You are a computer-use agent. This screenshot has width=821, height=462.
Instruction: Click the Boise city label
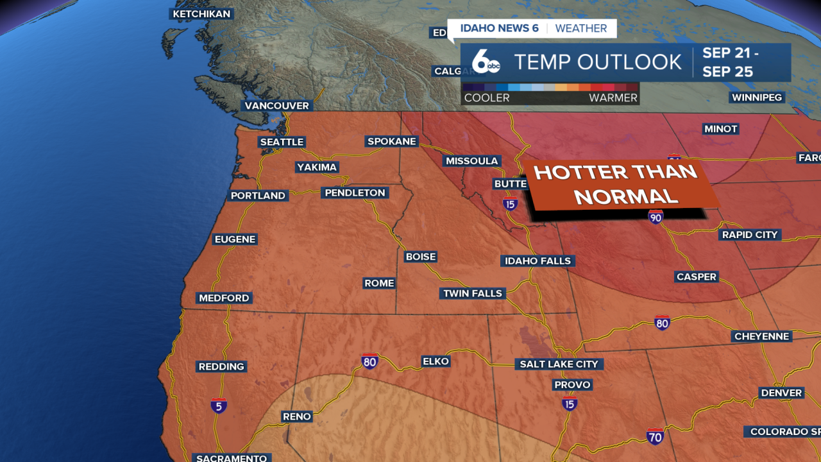(421, 257)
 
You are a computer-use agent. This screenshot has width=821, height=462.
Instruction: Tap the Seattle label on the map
(282, 142)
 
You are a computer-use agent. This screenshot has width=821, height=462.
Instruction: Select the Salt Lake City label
(559, 364)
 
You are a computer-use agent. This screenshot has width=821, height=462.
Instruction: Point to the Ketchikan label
(201, 14)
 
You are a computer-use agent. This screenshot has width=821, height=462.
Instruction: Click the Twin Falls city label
(473, 293)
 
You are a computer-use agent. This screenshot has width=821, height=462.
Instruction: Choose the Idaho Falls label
(537, 261)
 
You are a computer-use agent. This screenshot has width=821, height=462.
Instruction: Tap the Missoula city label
(472, 160)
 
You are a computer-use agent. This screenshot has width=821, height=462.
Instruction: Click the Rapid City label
(749, 235)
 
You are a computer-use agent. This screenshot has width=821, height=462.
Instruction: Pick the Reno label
(297, 416)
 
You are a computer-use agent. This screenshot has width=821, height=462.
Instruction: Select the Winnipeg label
(757, 98)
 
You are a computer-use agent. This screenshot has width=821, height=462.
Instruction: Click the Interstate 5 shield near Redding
(219, 406)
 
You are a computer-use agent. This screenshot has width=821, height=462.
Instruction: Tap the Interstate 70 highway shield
(655, 436)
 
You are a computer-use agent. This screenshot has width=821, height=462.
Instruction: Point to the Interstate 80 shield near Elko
(369, 361)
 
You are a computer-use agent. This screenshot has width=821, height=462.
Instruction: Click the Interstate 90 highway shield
(655, 216)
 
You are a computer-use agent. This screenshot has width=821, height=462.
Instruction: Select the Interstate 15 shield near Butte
(510, 204)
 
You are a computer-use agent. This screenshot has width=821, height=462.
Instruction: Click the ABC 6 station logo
(486, 62)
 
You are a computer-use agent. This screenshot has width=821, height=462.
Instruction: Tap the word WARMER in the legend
(613, 98)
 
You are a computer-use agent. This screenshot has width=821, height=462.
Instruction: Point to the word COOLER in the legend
(487, 98)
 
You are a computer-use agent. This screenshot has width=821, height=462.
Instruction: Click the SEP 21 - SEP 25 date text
(731, 62)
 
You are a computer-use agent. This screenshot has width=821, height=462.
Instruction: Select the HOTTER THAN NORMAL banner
(616, 184)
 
